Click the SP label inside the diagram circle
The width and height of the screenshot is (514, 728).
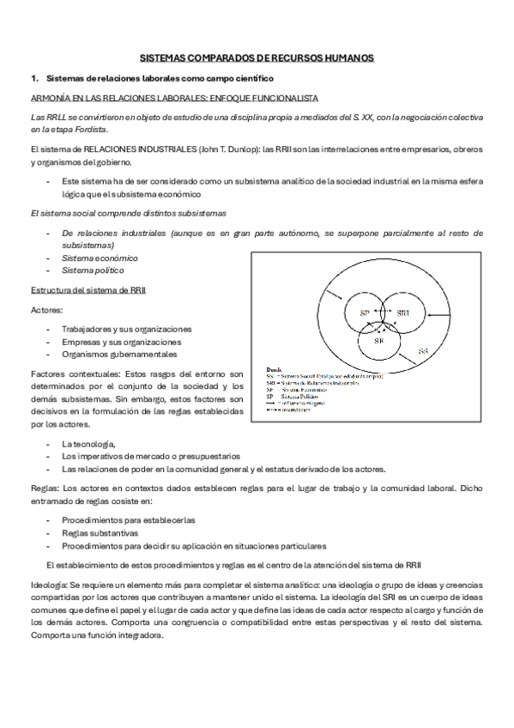364,312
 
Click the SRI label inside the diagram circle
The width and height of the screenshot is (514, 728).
403,313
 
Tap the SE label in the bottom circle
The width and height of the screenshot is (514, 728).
378,341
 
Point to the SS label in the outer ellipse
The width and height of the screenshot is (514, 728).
422,351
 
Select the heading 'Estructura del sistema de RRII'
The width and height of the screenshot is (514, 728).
88,290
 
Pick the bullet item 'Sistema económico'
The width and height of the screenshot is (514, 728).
100,258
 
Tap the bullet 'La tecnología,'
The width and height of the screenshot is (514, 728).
88,443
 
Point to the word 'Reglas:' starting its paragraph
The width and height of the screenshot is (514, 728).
45,488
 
